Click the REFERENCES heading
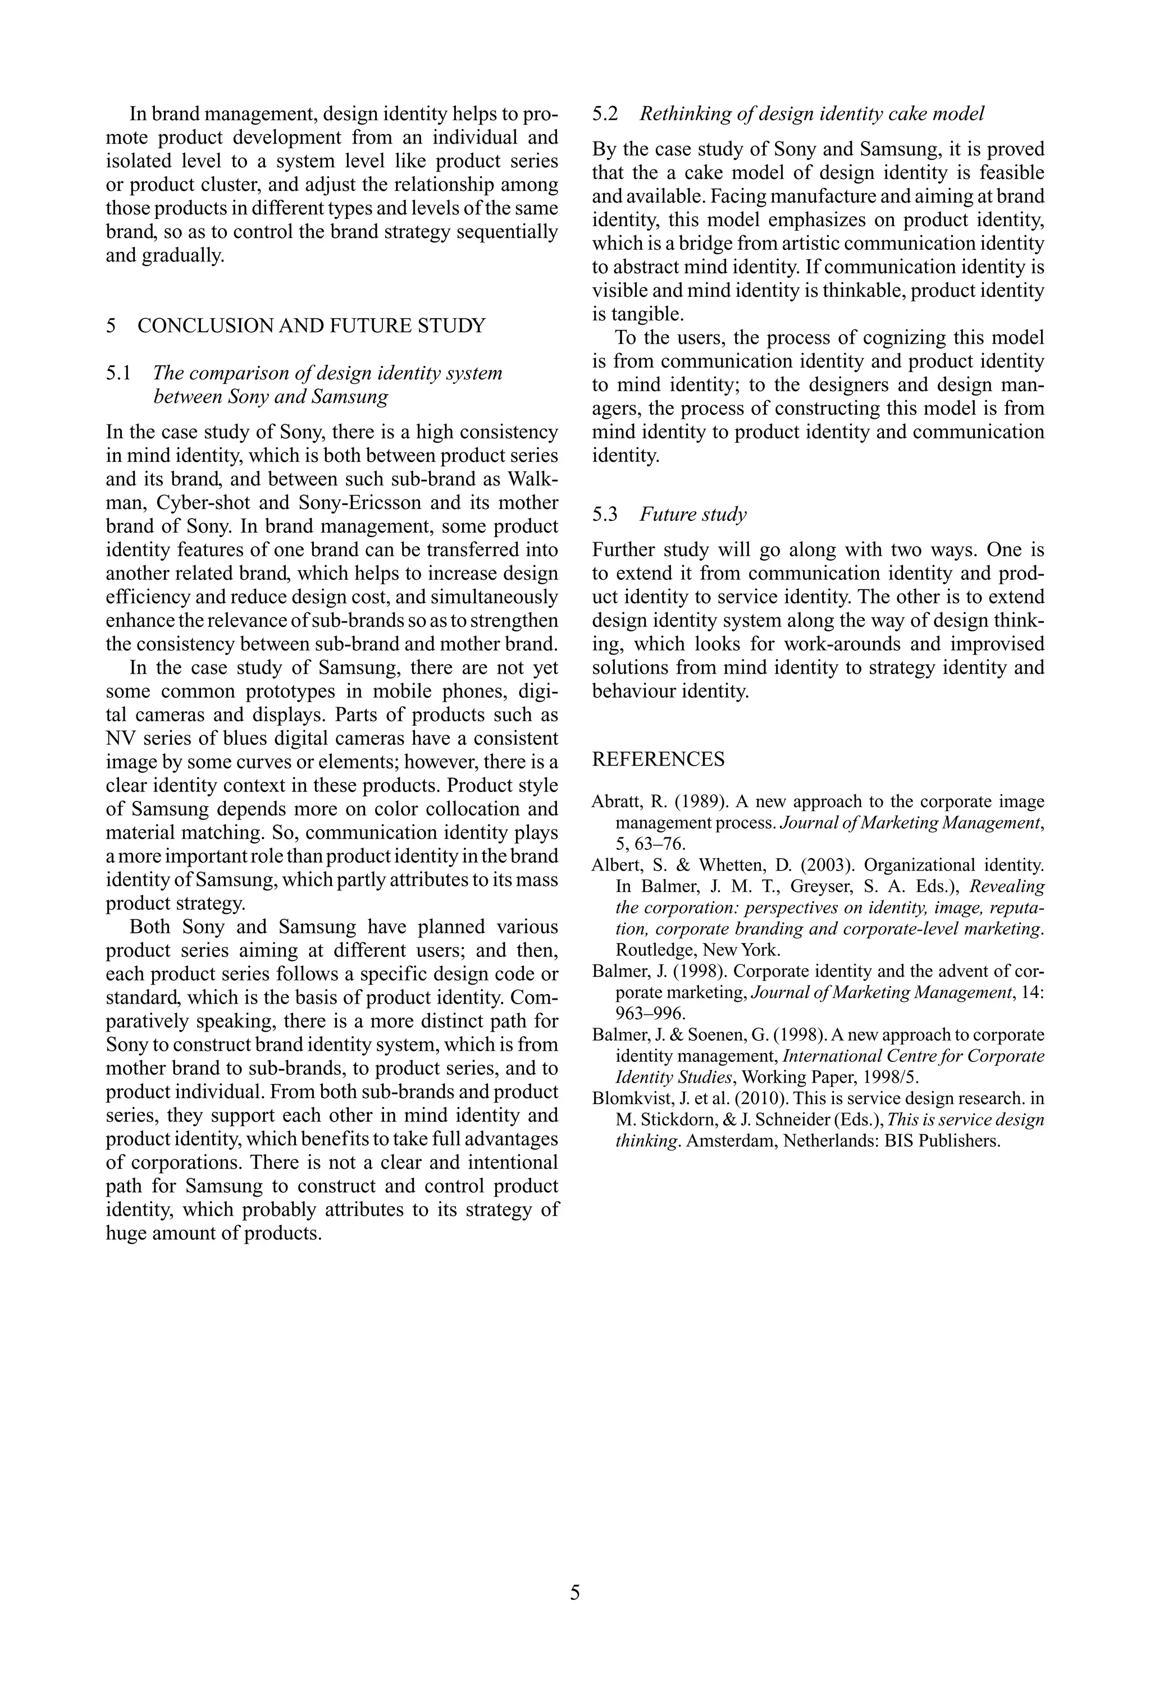coord(658,759)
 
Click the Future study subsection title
coord(692,514)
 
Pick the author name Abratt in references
coord(613,802)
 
